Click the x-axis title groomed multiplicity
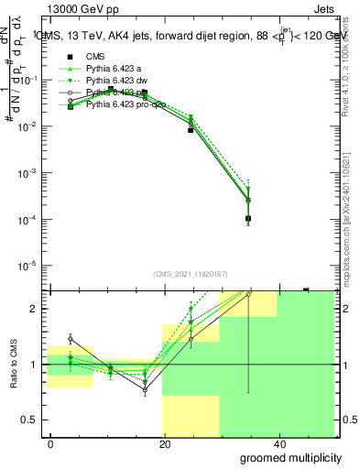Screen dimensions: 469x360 287,457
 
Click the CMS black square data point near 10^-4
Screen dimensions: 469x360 248,218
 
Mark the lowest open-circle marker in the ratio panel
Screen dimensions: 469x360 145,389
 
